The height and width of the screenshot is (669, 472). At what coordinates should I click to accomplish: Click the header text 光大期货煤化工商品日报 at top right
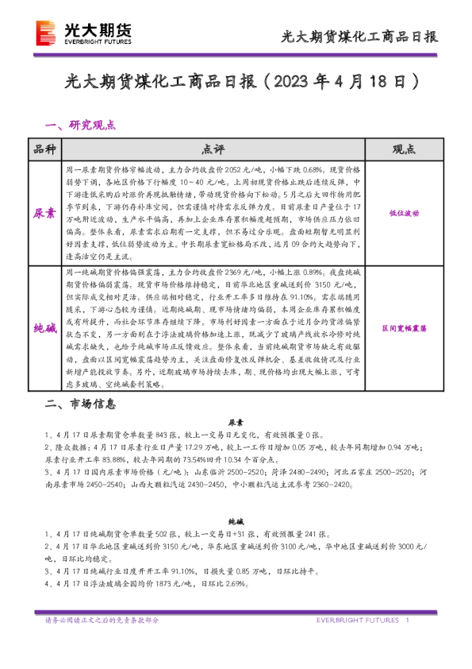[x=359, y=37]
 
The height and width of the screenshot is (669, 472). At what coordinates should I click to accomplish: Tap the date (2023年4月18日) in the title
[x=340, y=82]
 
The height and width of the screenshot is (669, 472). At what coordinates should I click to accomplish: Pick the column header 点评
[x=213, y=149]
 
